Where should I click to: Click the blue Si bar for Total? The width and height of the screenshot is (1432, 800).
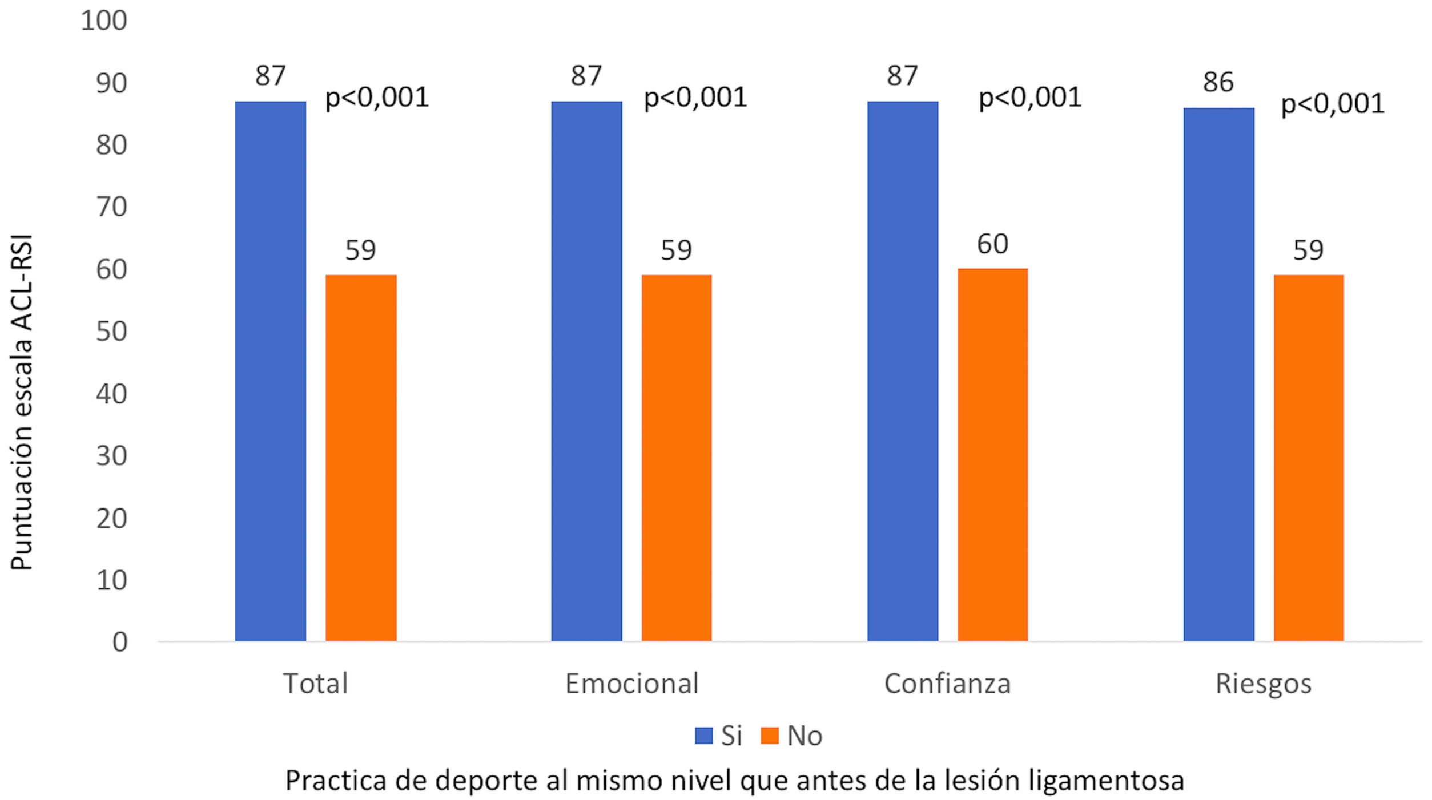tap(270, 371)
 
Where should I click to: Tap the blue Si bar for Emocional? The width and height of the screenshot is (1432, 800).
tap(586, 371)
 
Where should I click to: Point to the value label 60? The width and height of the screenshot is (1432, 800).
tap(992, 244)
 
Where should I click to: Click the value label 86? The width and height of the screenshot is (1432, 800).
tap(1218, 82)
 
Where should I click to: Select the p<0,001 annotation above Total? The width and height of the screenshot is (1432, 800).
tap(377, 98)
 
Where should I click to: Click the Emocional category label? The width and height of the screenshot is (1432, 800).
tap(631, 684)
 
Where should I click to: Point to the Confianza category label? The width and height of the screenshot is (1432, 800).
tap(947, 684)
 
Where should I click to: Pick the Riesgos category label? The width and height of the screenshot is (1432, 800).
tap(1263, 684)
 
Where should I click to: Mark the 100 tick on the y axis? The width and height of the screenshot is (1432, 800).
tap(104, 21)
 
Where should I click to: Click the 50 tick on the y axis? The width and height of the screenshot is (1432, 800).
tap(111, 332)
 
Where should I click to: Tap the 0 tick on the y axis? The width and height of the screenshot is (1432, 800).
tap(120, 643)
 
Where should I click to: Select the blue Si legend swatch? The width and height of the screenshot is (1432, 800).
tap(703, 736)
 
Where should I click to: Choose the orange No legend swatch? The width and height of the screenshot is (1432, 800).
tap(770, 736)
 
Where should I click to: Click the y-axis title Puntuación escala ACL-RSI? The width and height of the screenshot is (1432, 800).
tap(22, 402)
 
